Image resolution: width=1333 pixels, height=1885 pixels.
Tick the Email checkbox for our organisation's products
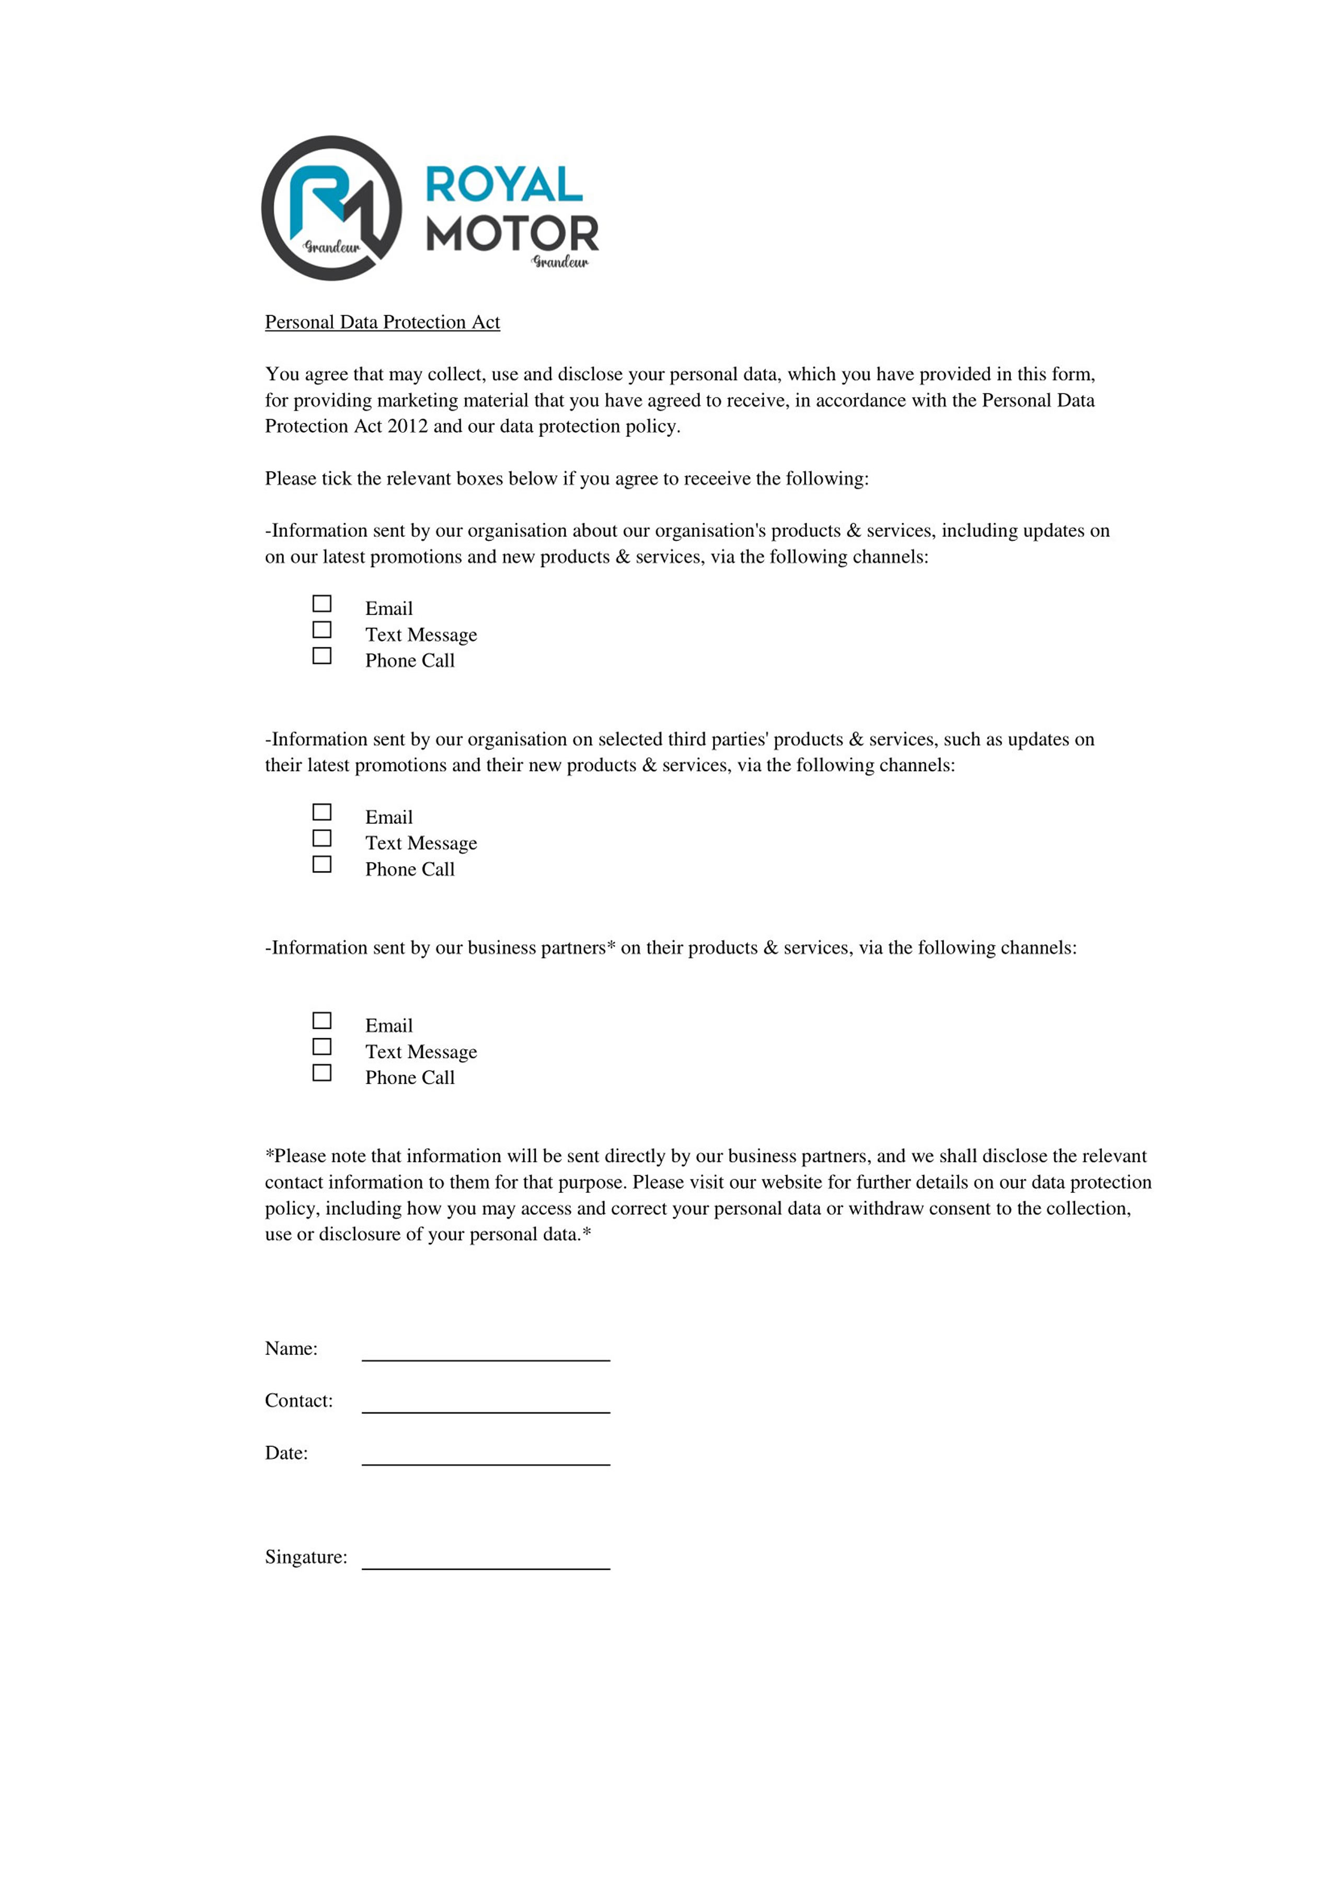pos(322,603)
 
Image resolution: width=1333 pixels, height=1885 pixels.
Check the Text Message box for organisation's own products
pos(322,630)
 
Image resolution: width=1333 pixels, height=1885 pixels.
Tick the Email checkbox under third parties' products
pos(322,812)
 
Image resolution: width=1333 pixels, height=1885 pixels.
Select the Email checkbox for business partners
pos(322,1020)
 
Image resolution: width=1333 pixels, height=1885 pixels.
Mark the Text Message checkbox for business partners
pos(322,1047)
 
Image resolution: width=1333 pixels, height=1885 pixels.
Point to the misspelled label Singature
pos(305,1557)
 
